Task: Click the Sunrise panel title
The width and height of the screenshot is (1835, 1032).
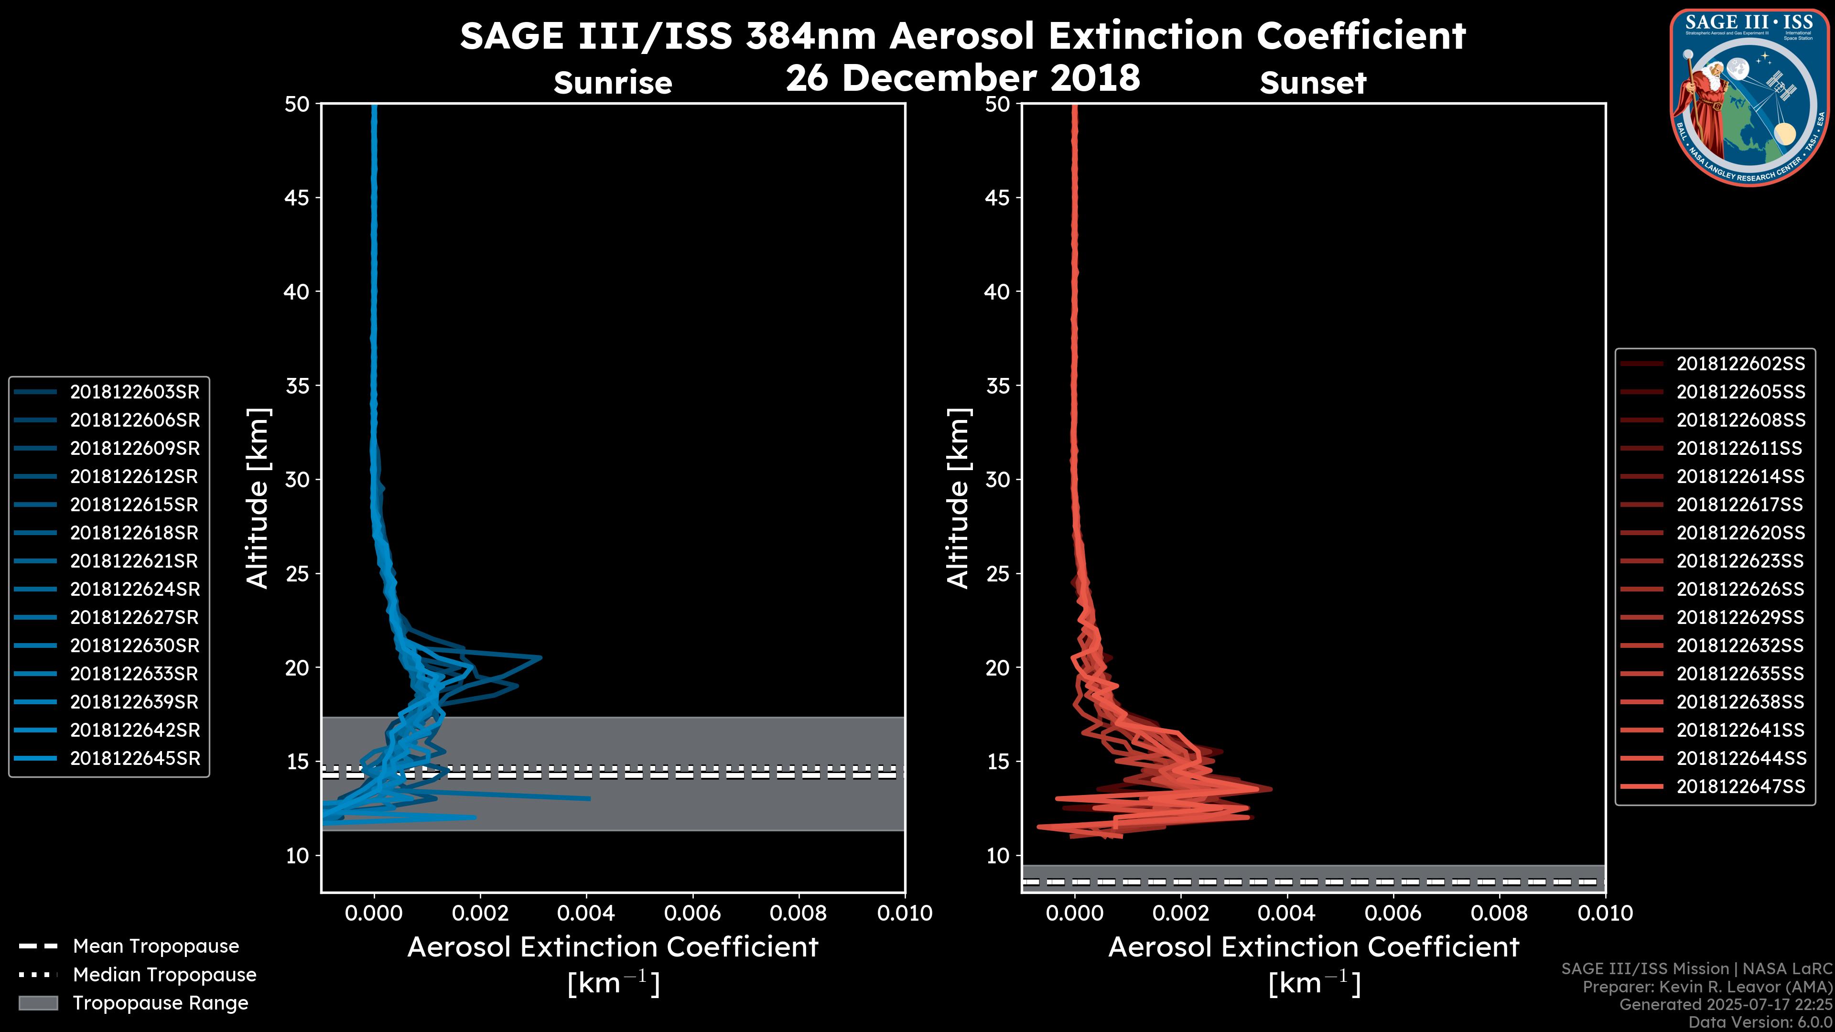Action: pos(613,83)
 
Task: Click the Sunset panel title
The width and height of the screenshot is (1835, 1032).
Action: pos(1313,83)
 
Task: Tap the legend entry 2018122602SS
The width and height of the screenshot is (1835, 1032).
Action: pos(1740,364)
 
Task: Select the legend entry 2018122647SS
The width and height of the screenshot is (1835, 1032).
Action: pos(1740,786)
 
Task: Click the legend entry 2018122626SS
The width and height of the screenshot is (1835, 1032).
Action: pos(1740,589)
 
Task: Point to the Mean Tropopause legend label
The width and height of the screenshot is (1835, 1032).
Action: pos(156,946)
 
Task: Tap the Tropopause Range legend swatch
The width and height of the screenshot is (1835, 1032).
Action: pos(38,1003)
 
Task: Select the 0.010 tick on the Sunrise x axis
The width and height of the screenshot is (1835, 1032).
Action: pos(904,913)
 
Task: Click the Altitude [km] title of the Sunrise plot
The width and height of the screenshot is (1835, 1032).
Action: pos(257,498)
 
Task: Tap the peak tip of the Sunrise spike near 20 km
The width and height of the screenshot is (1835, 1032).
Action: pos(540,656)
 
